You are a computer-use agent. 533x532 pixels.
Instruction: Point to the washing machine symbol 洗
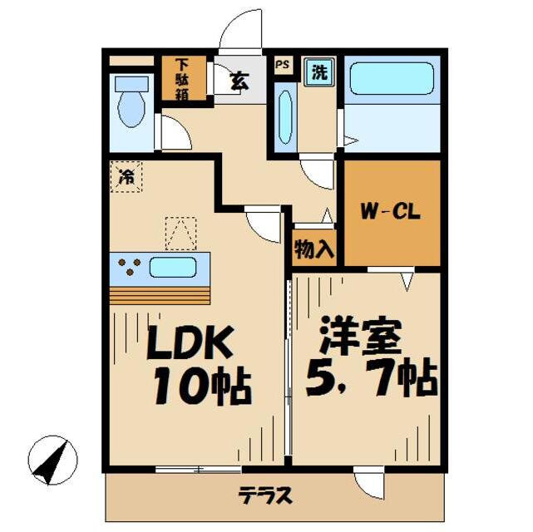click(x=319, y=72)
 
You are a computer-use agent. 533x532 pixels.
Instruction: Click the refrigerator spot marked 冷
click(x=126, y=175)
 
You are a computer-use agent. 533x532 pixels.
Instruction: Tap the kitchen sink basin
click(x=173, y=268)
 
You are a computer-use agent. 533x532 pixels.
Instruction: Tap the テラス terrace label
click(x=266, y=496)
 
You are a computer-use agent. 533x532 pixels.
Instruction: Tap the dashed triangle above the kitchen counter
click(x=180, y=233)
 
